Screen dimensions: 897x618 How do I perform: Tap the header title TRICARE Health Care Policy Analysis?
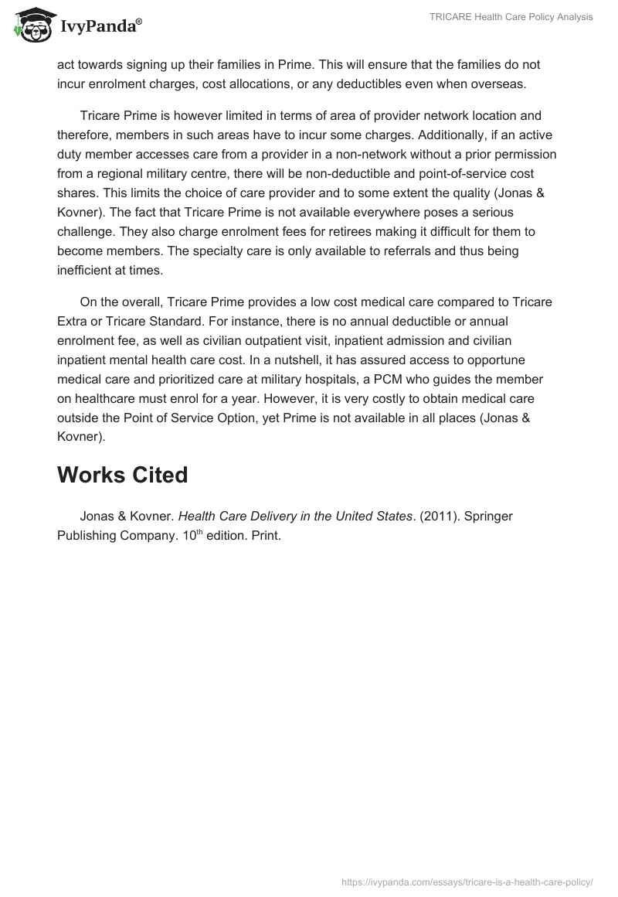click(511, 17)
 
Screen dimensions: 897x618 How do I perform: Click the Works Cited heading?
click(122, 475)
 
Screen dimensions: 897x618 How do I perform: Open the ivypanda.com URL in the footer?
click(467, 882)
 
